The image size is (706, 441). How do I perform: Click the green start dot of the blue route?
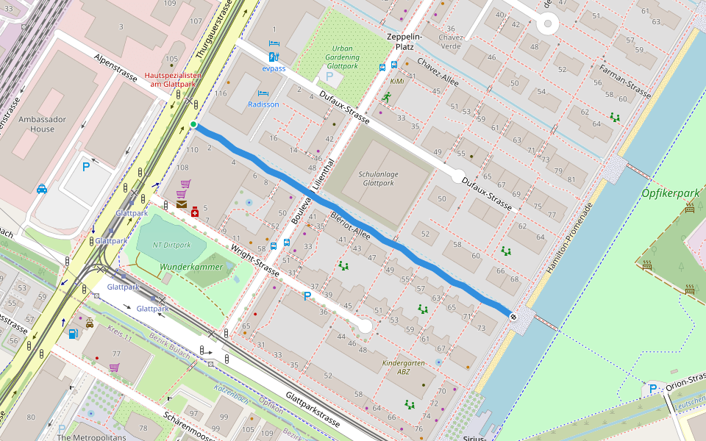[x=193, y=125]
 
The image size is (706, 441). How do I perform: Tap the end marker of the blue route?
[x=513, y=316]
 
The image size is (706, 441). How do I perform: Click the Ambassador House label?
[x=42, y=124]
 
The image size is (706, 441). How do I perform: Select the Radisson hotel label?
[x=263, y=104]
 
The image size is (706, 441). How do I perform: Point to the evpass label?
[x=274, y=68]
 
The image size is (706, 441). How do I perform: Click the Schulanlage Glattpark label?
[x=378, y=179]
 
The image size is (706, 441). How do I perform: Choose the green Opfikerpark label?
[x=670, y=193]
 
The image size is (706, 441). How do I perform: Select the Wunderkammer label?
[x=191, y=267]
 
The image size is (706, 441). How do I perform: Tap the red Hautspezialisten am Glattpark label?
[x=172, y=79]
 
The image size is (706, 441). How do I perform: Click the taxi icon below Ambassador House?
[x=42, y=189]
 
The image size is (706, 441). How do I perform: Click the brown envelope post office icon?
[x=182, y=205]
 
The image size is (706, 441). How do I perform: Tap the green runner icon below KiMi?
[x=387, y=96]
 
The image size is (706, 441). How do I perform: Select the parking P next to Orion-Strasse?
[x=652, y=389]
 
